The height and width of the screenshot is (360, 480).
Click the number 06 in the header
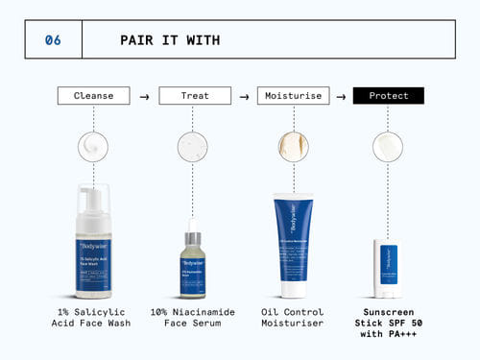click(53, 40)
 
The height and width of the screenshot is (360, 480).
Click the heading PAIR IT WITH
click(170, 40)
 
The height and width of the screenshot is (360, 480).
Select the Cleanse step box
click(93, 96)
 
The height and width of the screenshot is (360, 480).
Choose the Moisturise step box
click(293, 96)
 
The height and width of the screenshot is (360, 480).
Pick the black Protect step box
click(388, 96)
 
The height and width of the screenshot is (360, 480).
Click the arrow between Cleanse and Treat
click(144, 96)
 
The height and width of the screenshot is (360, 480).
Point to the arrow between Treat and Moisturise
click(245, 96)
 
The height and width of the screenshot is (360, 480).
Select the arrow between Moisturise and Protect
click(341, 96)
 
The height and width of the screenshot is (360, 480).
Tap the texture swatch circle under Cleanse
click(93, 146)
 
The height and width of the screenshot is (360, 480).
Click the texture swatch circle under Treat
click(193, 146)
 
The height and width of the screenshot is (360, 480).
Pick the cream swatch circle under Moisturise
click(293, 146)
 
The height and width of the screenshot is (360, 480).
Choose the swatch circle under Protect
click(388, 146)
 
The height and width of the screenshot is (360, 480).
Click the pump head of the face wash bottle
click(93, 199)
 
